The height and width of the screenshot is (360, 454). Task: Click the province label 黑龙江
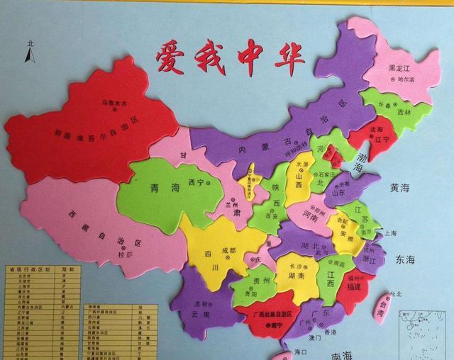pos(401,68)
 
